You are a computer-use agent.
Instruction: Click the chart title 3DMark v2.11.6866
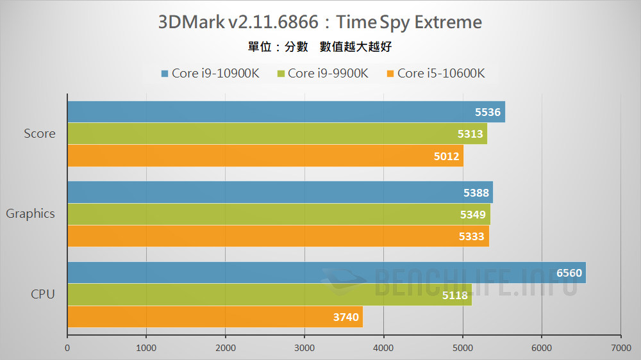pyautogui.click(x=320, y=22)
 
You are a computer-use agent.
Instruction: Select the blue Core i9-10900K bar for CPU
pyautogui.click(x=326, y=273)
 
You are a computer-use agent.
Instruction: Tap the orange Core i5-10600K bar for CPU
pyautogui.click(x=215, y=316)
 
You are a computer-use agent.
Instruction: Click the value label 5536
pyautogui.click(x=487, y=112)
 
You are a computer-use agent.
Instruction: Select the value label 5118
pyautogui.click(x=454, y=295)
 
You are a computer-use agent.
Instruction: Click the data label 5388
pyautogui.click(x=476, y=193)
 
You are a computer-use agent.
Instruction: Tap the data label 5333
pyautogui.click(x=472, y=236)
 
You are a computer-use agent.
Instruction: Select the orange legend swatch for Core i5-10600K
pyautogui.click(x=390, y=74)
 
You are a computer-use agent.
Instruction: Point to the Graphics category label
pyautogui.click(x=30, y=214)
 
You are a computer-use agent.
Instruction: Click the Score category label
pyautogui.click(x=40, y=134)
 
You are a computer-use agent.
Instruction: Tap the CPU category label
pyautogui.click(x=43, y=295)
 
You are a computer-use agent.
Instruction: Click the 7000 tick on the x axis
pyautogui.click(x=620, y=349)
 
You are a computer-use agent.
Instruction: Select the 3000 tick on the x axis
pyautogui.click(x=304, y=349)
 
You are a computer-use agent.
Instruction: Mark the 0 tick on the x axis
pyautogui.click(x=67, y=349)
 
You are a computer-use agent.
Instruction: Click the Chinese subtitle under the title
pyautogui.click(x=320, y=47)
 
